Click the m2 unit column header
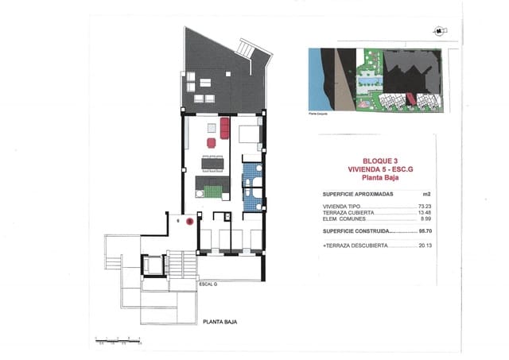426,193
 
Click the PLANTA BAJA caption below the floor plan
220,322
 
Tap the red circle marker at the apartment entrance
189,223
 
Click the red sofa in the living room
224,127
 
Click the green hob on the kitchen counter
212,191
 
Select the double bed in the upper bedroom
249,134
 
